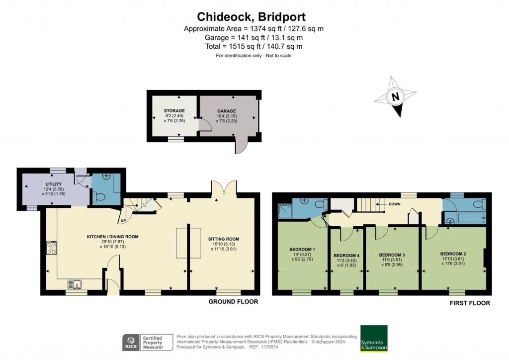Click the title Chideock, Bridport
[x=254, y=16]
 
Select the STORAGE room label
[x=174, y=110]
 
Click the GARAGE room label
[x=226, y=111]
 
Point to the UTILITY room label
[x=53, y=184]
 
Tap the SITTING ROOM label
[x=224, y=239]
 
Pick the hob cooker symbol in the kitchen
[x=51, y=248]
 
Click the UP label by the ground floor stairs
[x=122, y=220]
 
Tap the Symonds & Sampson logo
[x=374, y=338]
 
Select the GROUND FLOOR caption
[x=233, y=302]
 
